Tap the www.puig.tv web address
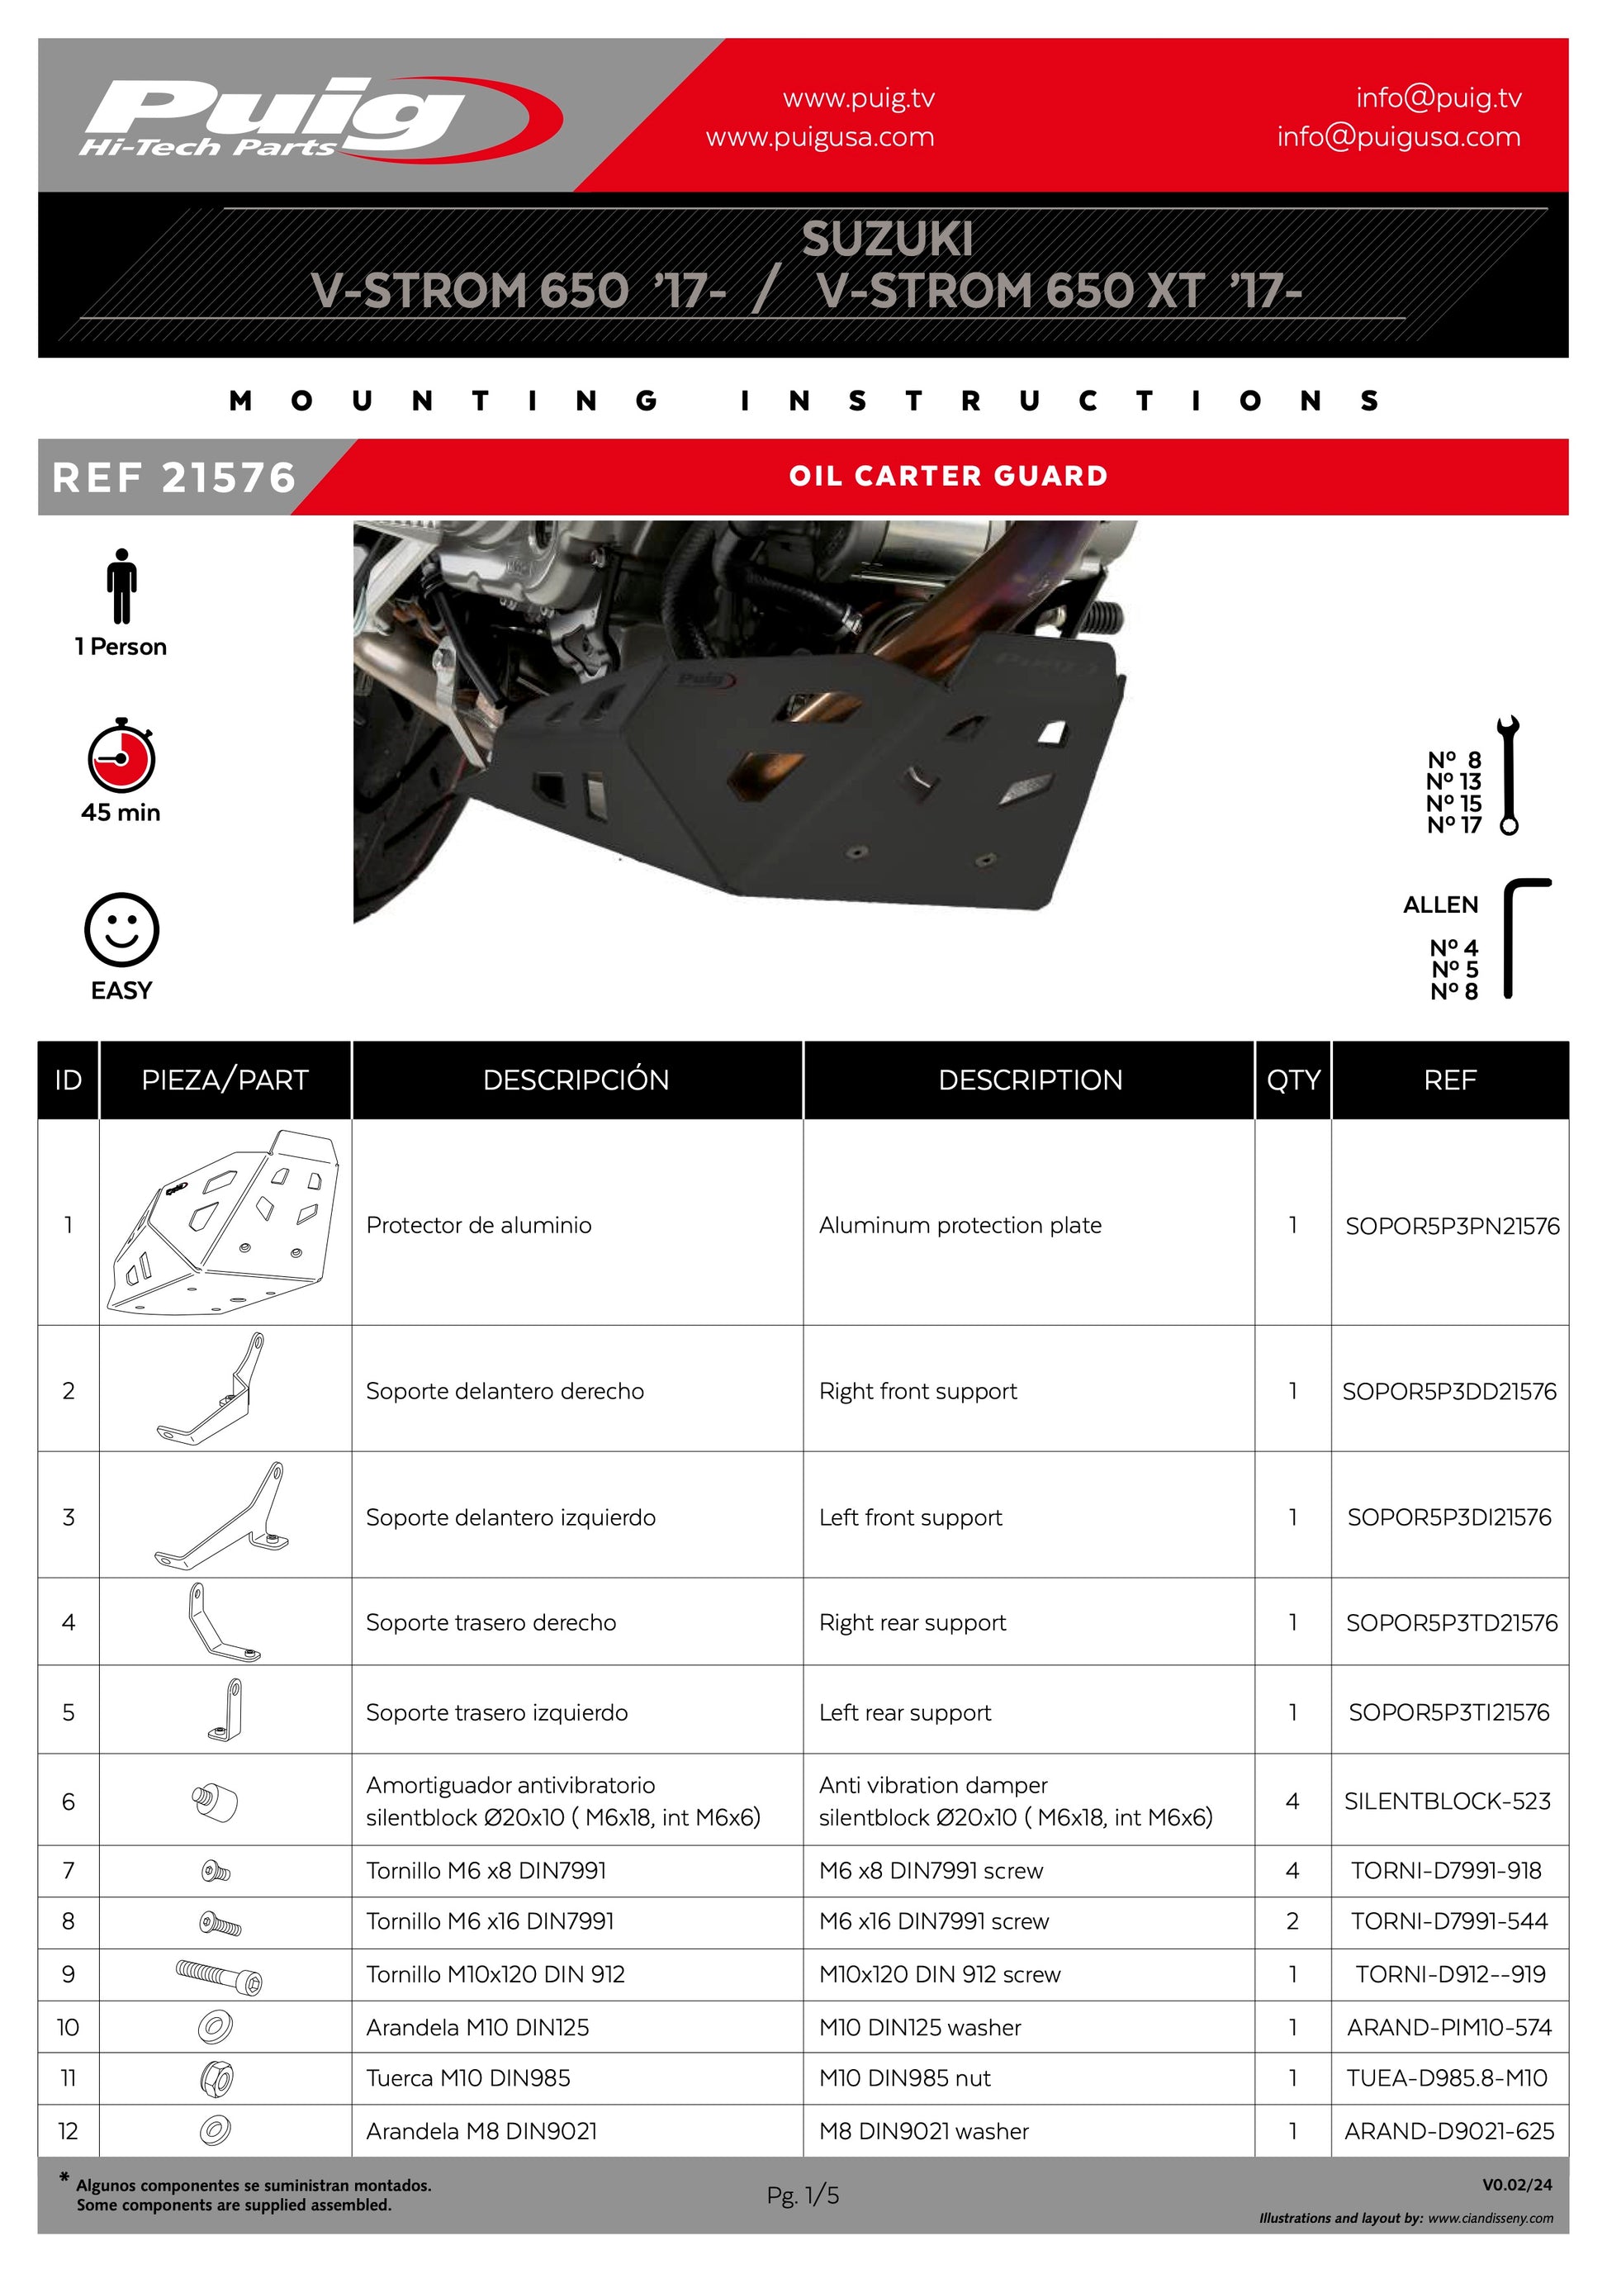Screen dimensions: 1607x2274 pos(859,97)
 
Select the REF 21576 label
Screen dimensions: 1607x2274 pos(174,477)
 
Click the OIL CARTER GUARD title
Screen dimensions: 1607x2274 pos(947,476)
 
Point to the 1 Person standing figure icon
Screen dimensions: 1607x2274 pos(121,586)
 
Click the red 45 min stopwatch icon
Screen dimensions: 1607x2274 pos(121,755)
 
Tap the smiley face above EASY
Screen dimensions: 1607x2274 pos(121,930)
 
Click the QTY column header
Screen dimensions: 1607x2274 pos(1293,1080)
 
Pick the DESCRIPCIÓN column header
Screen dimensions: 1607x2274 pos(576,1080)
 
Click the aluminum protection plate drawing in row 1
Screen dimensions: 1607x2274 pos(225,1222)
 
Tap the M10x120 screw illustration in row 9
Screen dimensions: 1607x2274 pos(219,1975)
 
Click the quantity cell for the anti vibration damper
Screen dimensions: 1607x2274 pos(1292,1801)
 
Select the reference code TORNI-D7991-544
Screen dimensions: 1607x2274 pos(1449,1921)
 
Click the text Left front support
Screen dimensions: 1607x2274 pos(910,1517)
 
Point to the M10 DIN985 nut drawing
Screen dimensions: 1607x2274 pos(216,2078)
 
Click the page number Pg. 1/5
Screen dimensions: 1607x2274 pos(803,2196)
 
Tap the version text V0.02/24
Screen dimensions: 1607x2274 pos(1517,2184)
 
